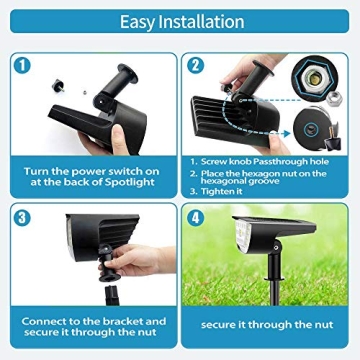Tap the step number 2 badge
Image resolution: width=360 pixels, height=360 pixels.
(x=196, y=65)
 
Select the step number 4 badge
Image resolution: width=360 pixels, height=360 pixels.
(x=197, y=217)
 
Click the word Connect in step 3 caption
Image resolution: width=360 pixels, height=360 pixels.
(x=43, y=320)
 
